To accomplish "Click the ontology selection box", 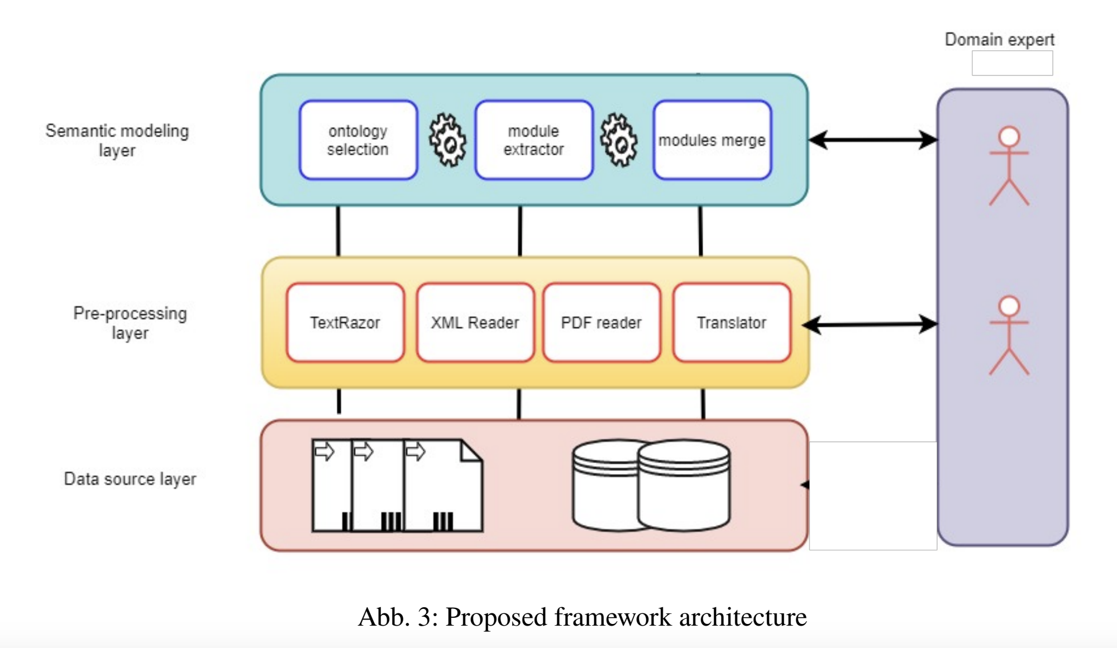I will (358, 140).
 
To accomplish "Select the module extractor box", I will (534, 140).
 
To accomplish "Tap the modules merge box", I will (712, 140).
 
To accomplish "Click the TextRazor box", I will (345, 323).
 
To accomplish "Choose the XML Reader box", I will (475, 323).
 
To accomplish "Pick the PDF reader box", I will (602, 323).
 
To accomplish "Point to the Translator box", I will (732, 323).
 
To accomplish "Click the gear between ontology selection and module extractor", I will (447, 140).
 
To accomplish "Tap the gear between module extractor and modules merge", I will (619, 140).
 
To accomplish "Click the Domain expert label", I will (999, 40).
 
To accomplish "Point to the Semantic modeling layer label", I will (117, 140).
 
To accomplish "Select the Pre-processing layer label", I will (130, 323).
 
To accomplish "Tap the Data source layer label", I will (130, 479).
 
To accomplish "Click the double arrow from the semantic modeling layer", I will (872, 140).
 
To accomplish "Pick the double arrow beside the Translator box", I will (870, 324).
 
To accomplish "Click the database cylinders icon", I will (651, 485).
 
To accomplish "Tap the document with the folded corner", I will (443, 485).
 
